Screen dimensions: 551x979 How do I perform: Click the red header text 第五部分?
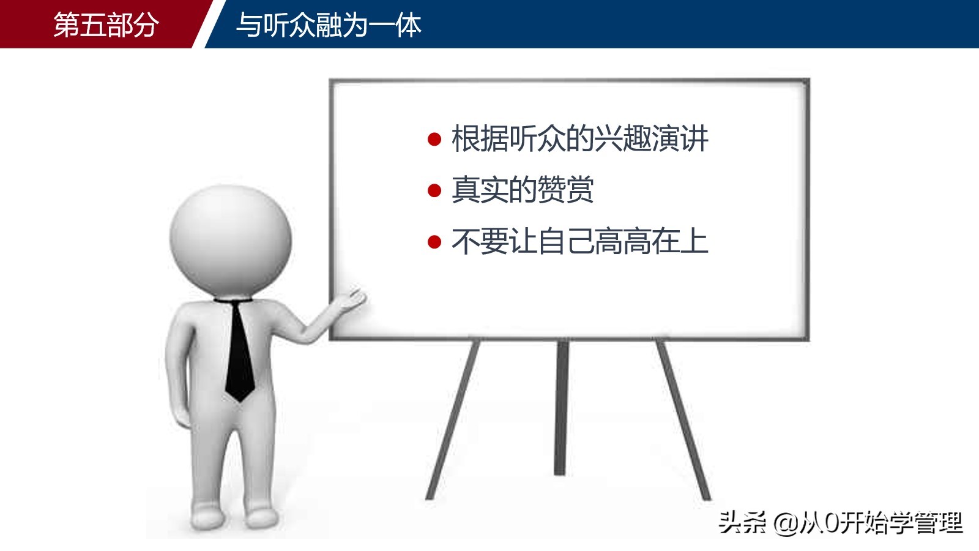[x=106, y=25]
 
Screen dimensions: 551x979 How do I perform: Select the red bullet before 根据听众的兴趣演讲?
[x=434, y=140]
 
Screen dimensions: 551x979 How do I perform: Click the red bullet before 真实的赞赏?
[x=434, y=191]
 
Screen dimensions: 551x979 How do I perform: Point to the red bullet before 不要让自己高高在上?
[x=434, y=242]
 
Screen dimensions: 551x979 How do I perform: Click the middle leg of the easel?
[x=560, y=407]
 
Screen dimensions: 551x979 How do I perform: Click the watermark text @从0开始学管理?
[x=868, y=523]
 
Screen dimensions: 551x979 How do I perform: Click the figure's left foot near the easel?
[x=262, y=517]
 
